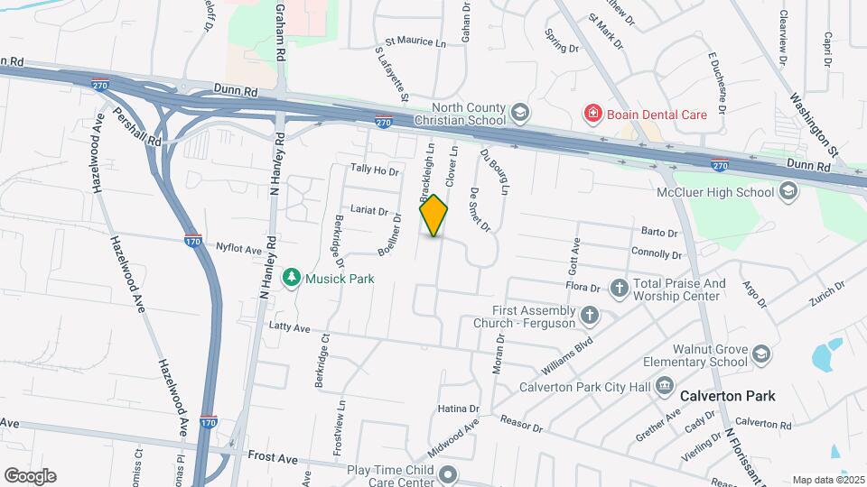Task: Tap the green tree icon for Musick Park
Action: point(291,278)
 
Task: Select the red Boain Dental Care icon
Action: point(592,114)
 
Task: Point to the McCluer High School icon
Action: point(788,191)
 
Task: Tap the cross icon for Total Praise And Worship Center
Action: point(619,289)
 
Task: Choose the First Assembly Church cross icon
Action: point(589,315)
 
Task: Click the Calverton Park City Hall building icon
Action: point(665,387)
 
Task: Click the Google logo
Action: point(30,476)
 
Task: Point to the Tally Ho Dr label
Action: point(374,170)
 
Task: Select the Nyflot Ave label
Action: point(238,249)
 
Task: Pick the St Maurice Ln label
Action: point(415,41)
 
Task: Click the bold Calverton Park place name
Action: point(727,396)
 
